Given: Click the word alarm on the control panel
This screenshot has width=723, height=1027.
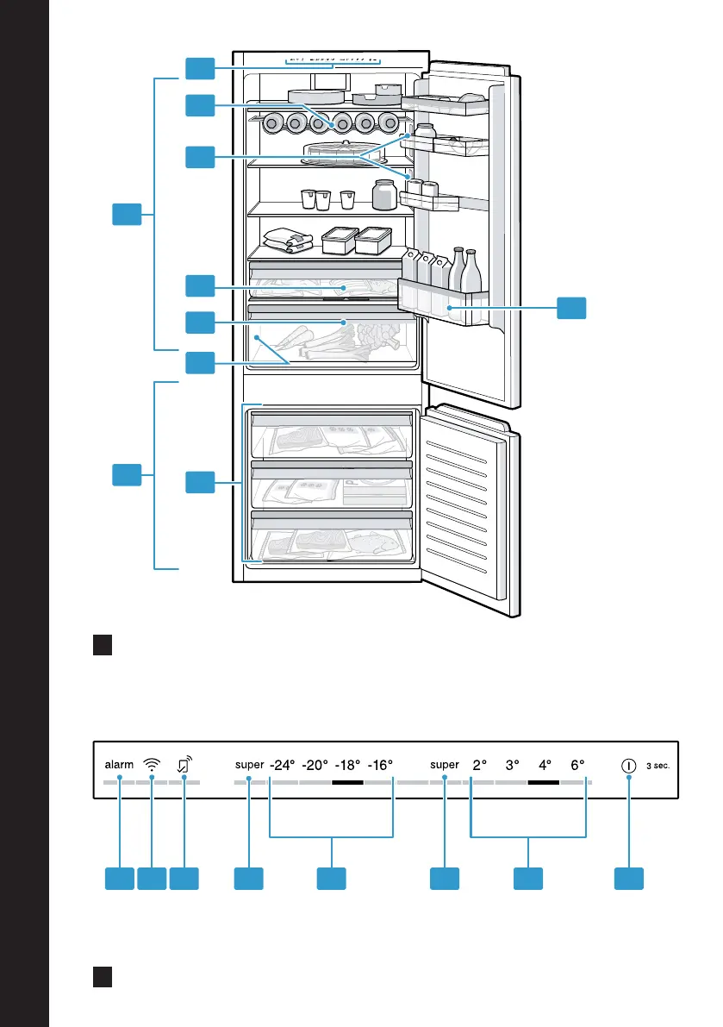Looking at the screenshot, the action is tap(119, 764).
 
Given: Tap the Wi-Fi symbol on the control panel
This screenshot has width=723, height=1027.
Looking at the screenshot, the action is tap(151, 764).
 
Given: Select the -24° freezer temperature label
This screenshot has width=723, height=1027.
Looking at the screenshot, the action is tap(283, 764).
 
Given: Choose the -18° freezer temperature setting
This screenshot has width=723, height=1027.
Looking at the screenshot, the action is tap(347, 764).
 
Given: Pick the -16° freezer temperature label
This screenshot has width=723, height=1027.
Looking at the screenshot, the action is tap(380, 764).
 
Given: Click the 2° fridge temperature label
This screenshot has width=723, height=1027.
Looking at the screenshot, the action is tap(480, 764).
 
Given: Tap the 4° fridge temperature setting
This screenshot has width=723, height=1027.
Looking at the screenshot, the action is tap(545, 764).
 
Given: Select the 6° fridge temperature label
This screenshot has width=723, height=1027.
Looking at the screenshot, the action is tap(577, 764).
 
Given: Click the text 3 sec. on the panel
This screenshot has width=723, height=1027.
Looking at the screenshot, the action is tap(658, 766).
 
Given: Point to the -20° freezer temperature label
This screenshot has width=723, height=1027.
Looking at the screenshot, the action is tap(315, 764).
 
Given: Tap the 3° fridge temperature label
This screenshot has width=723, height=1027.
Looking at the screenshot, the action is tap(513, 764).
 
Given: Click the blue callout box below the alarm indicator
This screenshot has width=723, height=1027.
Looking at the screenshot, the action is tap(120, 879).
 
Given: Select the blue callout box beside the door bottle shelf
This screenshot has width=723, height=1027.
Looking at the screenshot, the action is tap(571, 308).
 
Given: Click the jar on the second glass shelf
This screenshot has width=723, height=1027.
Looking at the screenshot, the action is tap(384, 195).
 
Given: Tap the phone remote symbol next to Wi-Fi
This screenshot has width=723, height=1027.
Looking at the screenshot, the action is tap(184, 764).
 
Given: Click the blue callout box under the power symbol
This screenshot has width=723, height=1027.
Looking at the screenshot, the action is tap(629, 879).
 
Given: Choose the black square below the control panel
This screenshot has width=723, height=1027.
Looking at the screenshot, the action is tap(103, 977).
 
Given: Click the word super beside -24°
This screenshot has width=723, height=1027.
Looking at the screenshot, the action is tap(249, 765).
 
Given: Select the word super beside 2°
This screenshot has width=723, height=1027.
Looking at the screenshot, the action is tap(445, 765).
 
